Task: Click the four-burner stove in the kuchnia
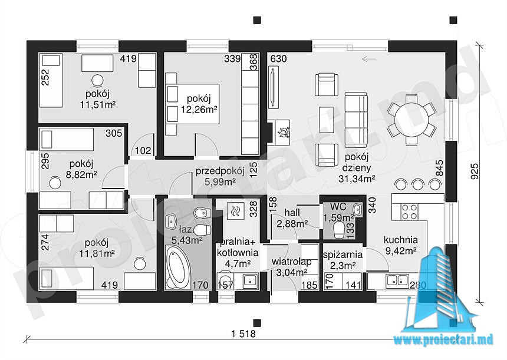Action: coord(409,212)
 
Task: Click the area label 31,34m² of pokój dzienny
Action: coord(357,179)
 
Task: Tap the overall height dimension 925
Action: coord(475,171)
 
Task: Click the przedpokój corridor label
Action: coord(220,171)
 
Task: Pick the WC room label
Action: coord(338,206)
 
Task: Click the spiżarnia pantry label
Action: coord(343,255)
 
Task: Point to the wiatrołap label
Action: coord(291,261)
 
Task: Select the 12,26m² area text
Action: coord(199,109)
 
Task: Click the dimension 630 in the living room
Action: coord(278,59)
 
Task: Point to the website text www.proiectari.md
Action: coord(444,339)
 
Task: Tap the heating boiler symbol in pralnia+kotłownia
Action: coord(233,212)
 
